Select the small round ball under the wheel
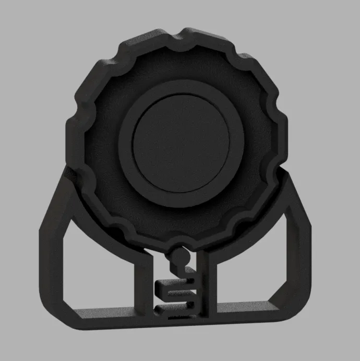point(180,257)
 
